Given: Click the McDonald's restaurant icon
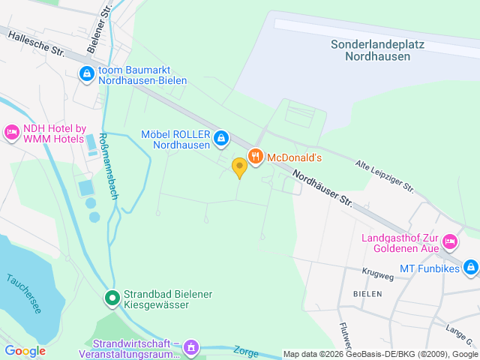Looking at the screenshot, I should pyautogui.click(x=256, y=156).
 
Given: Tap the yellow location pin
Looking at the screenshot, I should pyautogui.click(x=239, y=167).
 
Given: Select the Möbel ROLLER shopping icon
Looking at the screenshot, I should pyautogui.click(x=221, y=138).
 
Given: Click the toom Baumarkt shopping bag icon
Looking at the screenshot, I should pyautogui.click(x=87, y=73).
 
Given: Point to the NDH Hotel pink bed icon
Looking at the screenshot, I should pyautogui.click(x=12, y=132).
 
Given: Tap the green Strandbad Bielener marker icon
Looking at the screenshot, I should pyautogui.click(x=112, y=299).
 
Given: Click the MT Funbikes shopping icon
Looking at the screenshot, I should pyautogui.click(x=470, y=266).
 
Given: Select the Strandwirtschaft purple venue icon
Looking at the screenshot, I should pyautogui.click(x=192, y=346).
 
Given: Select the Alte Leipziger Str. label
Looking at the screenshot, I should pyautogui.click(x=385, y=175).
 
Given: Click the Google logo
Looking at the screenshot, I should pyautogui.click(x=25, y=350).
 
